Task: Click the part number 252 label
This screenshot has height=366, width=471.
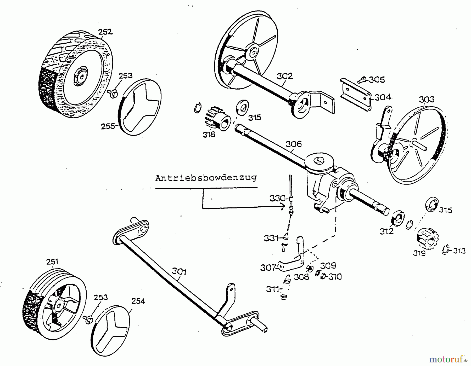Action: [x=105, y=32]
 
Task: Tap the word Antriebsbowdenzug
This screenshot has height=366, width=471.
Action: [x=206, y=178]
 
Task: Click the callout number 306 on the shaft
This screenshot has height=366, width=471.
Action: [x=293, y=144]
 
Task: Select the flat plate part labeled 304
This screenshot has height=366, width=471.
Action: [x=356, y=95]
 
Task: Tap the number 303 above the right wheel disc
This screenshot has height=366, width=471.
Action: [x=426, y=100]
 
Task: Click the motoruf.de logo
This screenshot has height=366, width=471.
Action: [x=448, y=359]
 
